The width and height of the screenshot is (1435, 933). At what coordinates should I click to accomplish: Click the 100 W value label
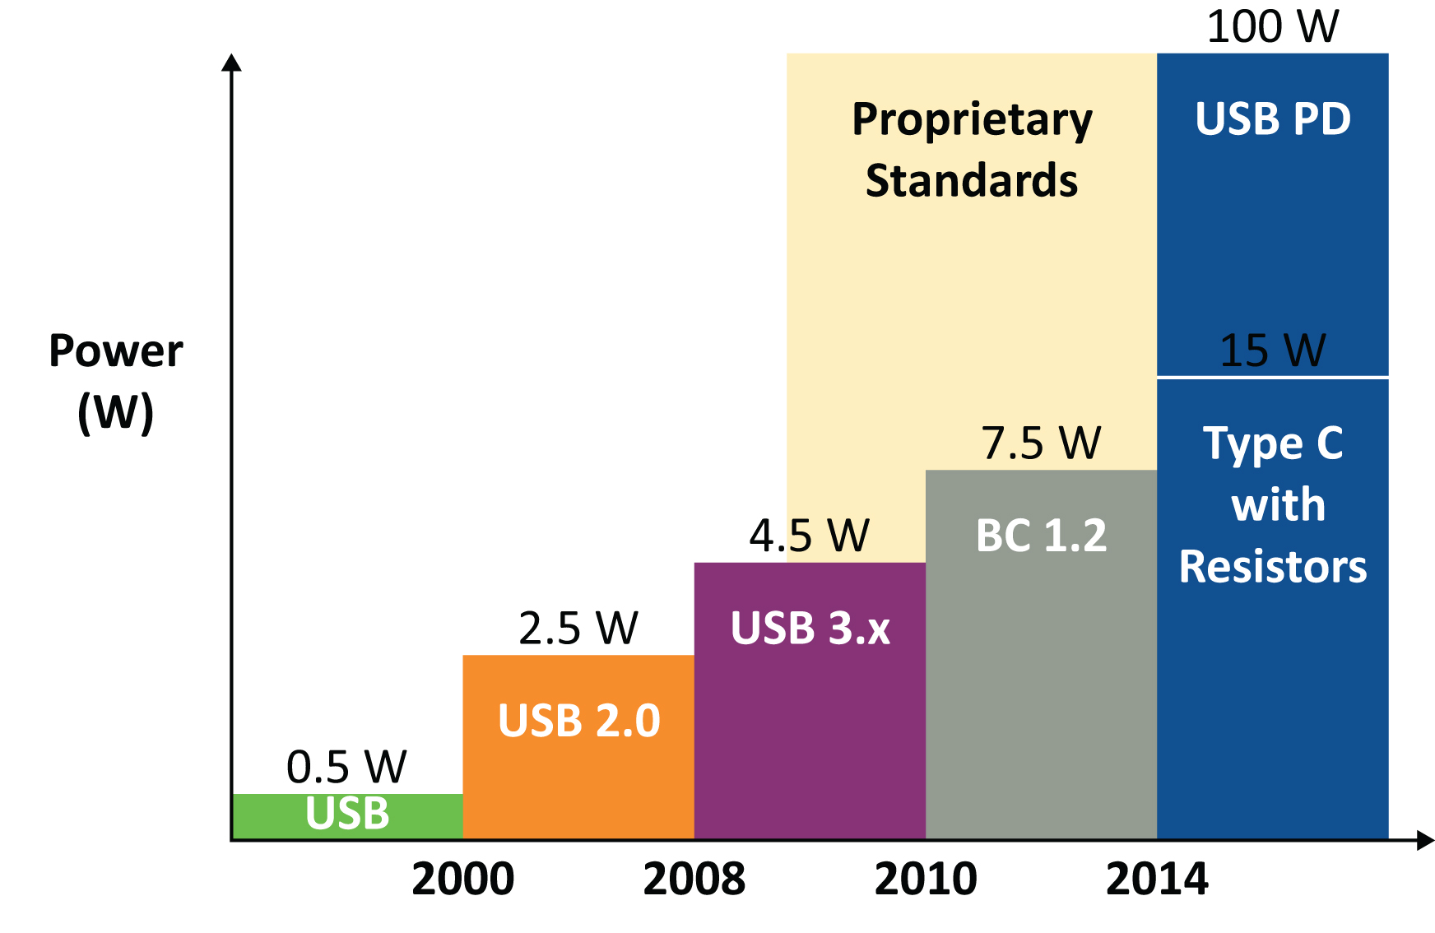(1272, 26)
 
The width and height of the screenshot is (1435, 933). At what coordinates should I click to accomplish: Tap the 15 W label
(1272, 350)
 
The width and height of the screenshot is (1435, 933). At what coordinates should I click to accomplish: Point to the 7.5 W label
(1040, 443)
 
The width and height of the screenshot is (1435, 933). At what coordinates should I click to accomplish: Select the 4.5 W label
(809, 536)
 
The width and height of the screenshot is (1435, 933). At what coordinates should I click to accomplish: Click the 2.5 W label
(578, 629)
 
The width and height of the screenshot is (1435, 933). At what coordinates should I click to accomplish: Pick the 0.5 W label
(346, 767)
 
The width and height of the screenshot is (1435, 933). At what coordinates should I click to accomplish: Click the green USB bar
(346, 815)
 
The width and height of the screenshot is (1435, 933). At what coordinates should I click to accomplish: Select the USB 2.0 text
(578, 721)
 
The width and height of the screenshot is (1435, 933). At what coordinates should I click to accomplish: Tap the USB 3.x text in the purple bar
(810, 629)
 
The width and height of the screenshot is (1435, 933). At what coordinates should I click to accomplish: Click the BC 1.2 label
(1041, 536)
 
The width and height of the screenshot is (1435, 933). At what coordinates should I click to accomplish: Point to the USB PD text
(1272, 119)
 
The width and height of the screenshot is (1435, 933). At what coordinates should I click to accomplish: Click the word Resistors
(1272, 567)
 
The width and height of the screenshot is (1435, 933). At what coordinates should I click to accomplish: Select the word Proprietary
(972, 121)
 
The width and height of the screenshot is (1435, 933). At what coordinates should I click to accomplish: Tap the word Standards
(972, 181)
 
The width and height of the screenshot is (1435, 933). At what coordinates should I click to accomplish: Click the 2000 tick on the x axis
(462, 880)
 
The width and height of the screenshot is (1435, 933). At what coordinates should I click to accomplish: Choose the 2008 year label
(694, 880)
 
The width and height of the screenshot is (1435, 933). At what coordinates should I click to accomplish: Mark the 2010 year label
(926, 880)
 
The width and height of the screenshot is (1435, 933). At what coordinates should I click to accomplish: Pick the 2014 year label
(1157, 880)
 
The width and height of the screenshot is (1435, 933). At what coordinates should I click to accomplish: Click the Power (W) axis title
(115, 381)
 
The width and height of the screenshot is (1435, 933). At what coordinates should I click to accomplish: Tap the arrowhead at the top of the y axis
(232, 63)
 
